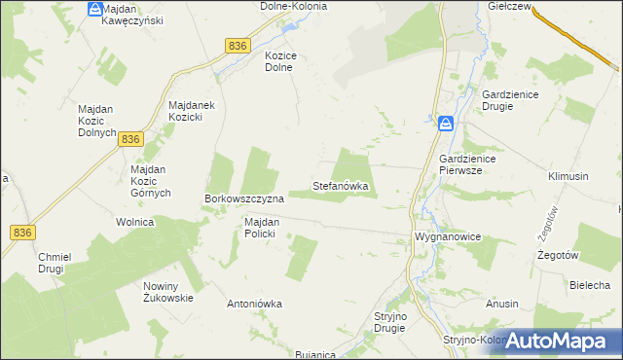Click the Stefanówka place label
[x=340, y=184]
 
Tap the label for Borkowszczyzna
[x=243, y=198]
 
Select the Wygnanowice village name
[x=448, y=236]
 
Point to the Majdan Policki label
[x=262, y=228]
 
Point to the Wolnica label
[x=135, y=222]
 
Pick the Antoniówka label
[x=254, y=304]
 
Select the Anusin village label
[x=502, y=304]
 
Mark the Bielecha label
[x=589, y=285]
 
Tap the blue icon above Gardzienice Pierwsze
[x=445, y=124]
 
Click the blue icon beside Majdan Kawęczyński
[x=93, y=9]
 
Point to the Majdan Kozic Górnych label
[x=151, y=181]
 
